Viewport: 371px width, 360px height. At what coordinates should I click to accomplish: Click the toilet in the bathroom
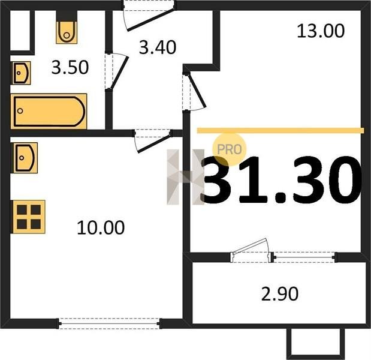[x=67, y=32]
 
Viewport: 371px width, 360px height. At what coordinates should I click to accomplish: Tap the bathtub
[x=49, y=112]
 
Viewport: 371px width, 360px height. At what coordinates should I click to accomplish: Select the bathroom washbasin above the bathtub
[x=21, y=73]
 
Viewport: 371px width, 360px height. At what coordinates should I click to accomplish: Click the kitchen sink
[x=25, y=158]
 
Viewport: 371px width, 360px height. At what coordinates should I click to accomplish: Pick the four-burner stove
[x=29, y=217]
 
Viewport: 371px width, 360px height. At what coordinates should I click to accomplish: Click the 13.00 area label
[x=321, y=31]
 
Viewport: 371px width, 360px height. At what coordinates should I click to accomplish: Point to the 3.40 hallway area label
[x=158, y=47]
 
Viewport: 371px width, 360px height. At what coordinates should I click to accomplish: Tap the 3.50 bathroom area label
[x=70, y=67]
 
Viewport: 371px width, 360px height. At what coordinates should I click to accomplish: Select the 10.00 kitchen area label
[x=101, y=227]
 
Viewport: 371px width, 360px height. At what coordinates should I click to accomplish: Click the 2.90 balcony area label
[x=280, y=294]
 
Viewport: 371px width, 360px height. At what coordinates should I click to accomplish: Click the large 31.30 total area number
[x=282, y=180]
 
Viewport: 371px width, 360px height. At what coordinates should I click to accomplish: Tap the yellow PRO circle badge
[x=230, y=149]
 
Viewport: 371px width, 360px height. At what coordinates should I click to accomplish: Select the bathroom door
[x=116, y=71]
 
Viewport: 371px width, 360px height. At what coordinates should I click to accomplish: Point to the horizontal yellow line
[x=280, y=130]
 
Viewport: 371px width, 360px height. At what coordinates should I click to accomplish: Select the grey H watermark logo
[x=185, y=177]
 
